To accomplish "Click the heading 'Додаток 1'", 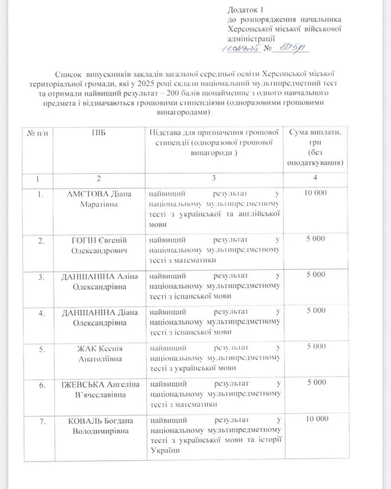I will [246, 10].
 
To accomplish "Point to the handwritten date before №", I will [239, 49].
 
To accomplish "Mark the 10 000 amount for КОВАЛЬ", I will [315, 419].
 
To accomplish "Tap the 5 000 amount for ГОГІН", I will [315, 238].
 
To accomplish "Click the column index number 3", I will [213, 179].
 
